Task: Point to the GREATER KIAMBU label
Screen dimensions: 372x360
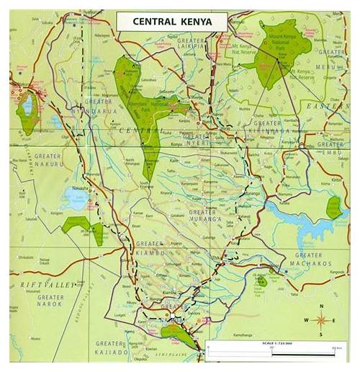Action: tap(150, 249)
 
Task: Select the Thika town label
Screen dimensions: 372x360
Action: tap(217, 257)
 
